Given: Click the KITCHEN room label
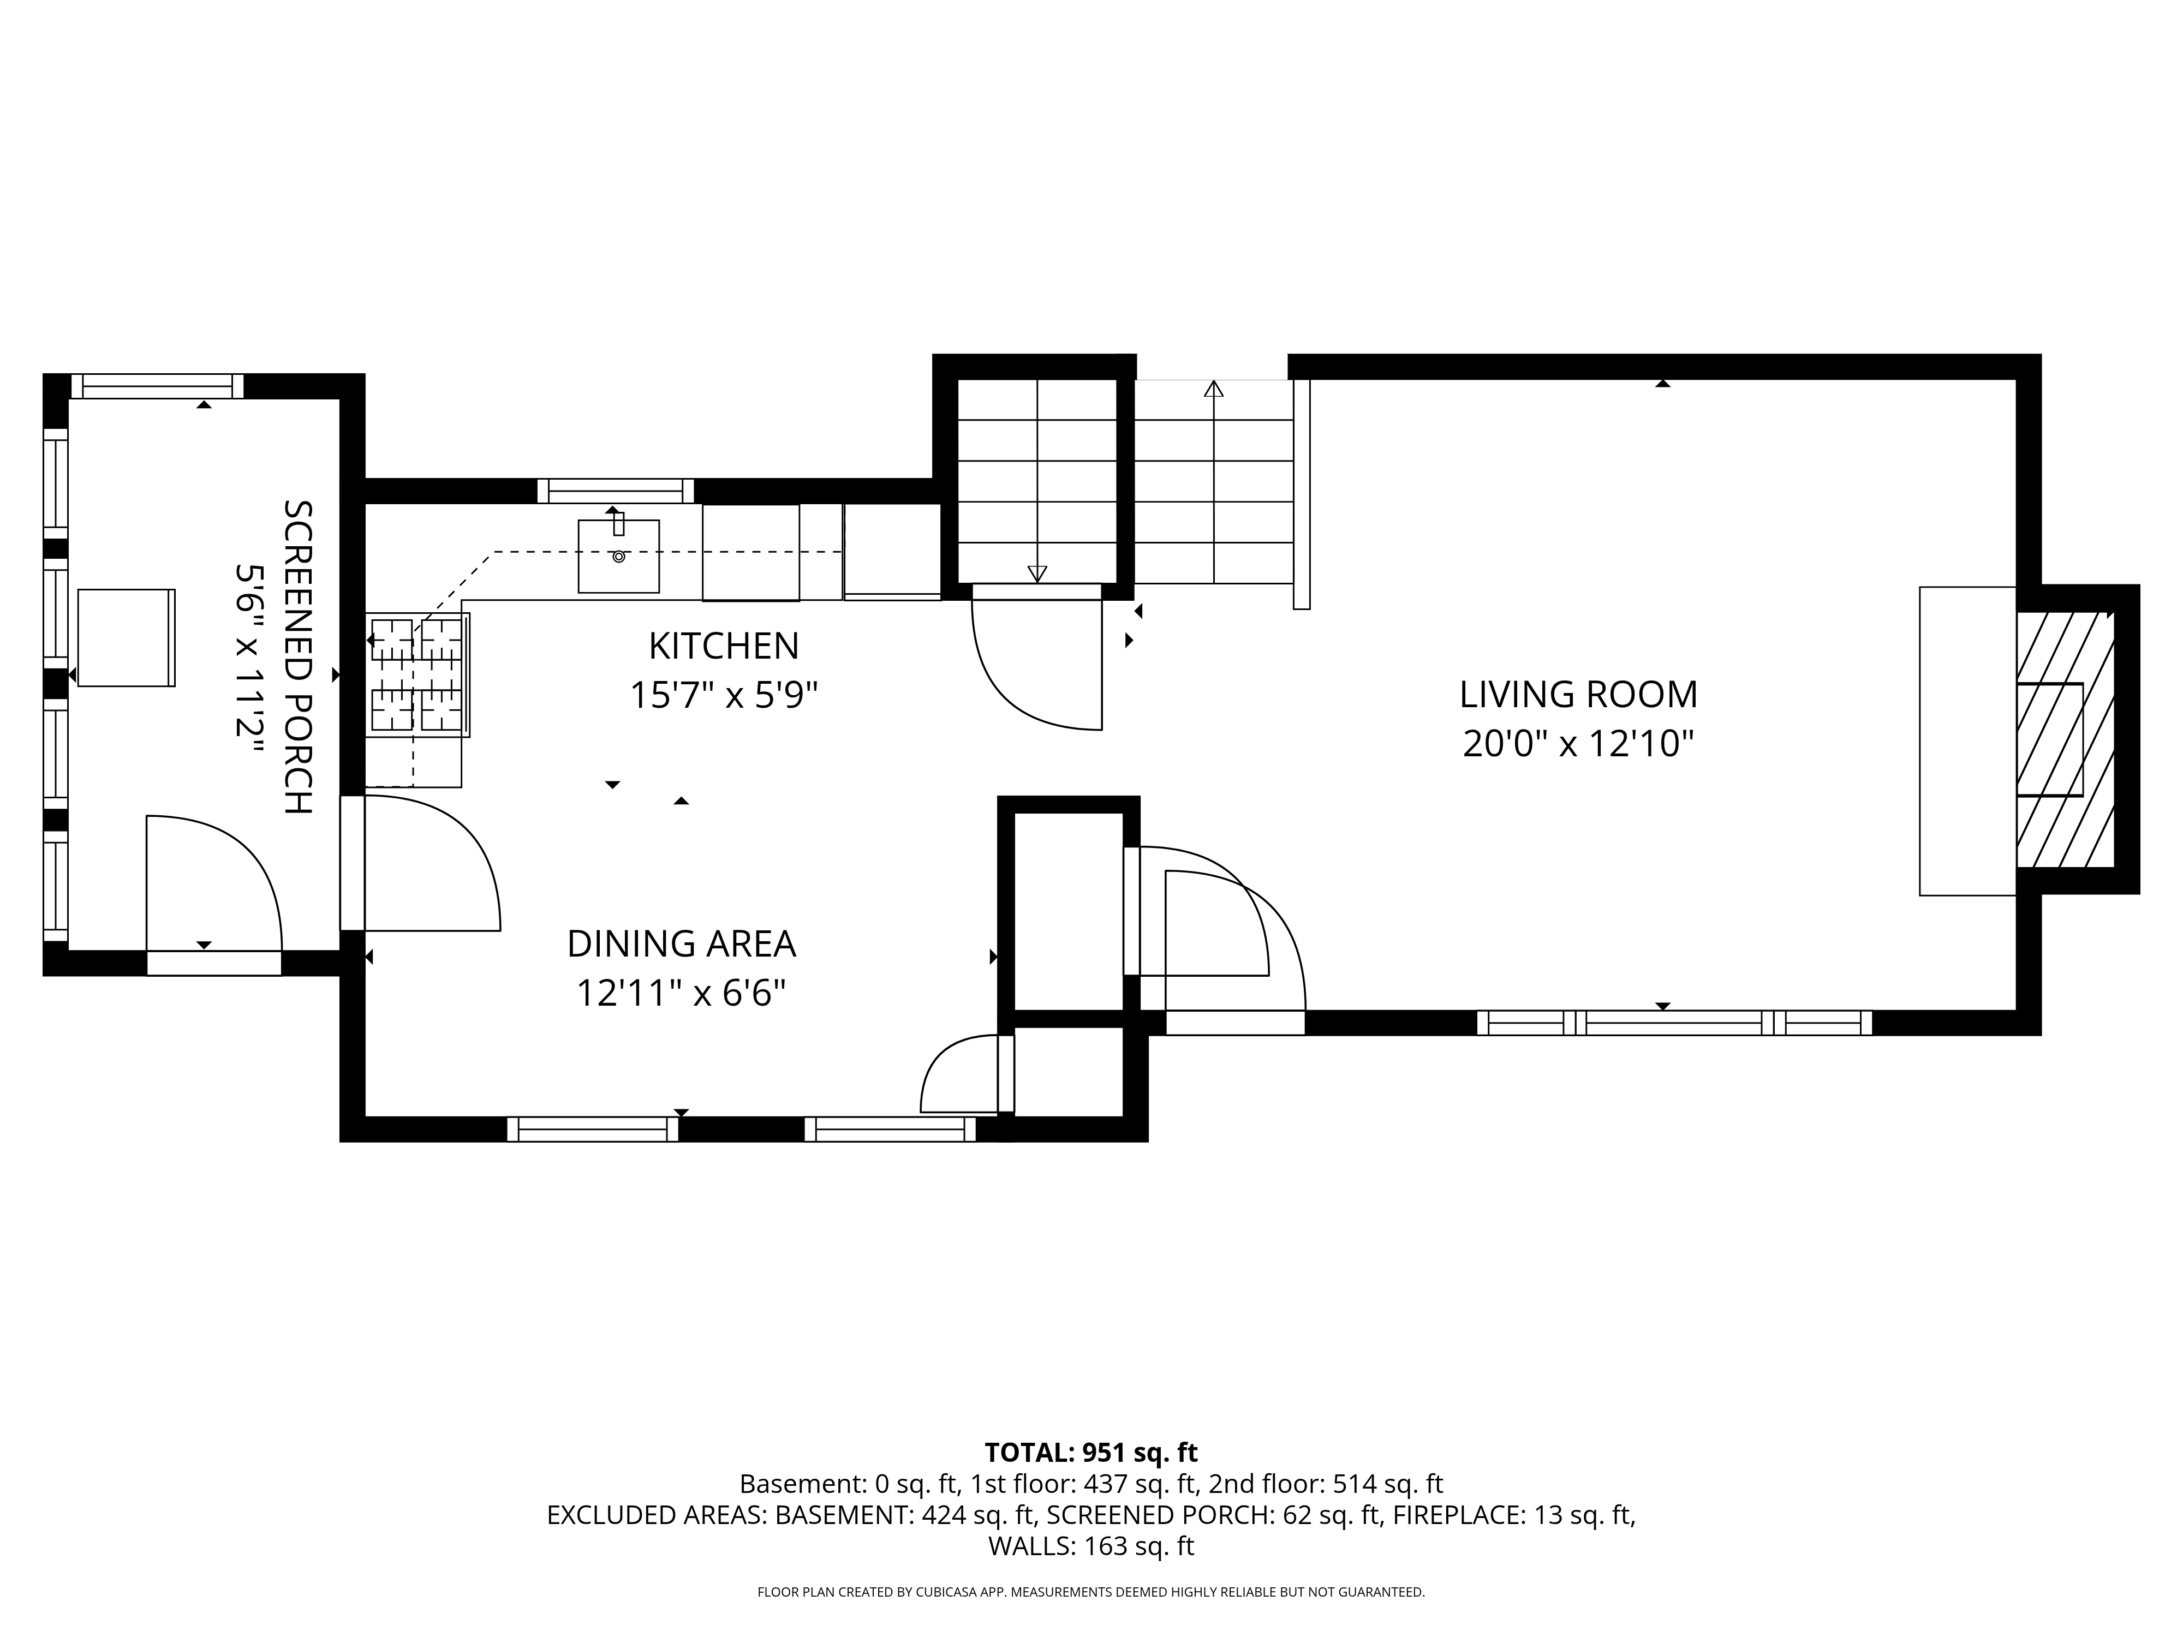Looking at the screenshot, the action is tap(723, 646).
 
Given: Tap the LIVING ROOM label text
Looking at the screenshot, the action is tap(1578, 695).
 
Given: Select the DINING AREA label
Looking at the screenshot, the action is tap(681, 945).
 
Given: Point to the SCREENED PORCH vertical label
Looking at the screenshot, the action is tap(297, 657).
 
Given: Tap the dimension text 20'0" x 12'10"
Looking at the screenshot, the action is tap(1578, 744).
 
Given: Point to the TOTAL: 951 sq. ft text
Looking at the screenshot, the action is tap(1091, 1453).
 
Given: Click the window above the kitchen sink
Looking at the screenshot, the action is tap(616, 491).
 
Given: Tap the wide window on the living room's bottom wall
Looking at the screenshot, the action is tap(1675, 1023).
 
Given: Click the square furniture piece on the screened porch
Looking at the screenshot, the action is tap(126, 637).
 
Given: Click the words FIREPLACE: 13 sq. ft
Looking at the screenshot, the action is tap(1514, 1515).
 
